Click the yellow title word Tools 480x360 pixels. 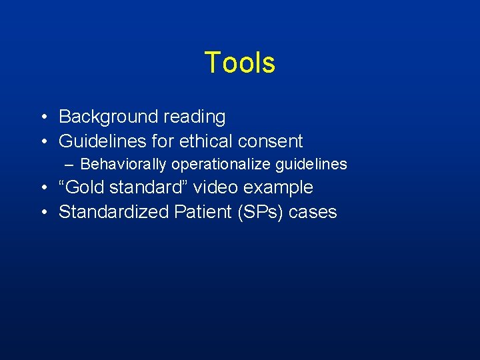click(x=239, y=63)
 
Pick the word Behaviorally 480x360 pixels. click(x=123, y=164)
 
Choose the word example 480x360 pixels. click(x=280, y=188)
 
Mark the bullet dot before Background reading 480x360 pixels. click(x=42, y=117)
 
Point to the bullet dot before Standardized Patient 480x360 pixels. click(x=42, y=213)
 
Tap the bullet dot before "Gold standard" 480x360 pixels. click(x=42, y=188)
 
